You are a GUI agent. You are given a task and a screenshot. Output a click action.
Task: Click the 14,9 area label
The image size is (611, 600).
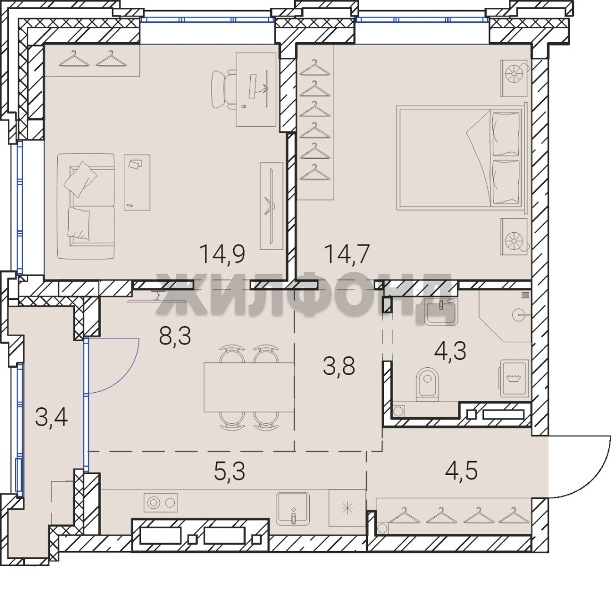pos(222,254)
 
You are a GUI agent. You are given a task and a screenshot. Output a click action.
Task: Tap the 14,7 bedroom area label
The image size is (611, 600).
pos(346,254)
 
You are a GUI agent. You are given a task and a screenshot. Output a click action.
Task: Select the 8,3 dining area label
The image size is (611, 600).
pos(175,336)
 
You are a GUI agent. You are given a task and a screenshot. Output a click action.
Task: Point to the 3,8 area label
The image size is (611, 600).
pos(339,366)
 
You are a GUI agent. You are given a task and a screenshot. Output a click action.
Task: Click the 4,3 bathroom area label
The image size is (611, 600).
pos(450,351)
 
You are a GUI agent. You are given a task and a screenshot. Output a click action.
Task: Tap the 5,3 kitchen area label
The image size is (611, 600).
pos(230,471)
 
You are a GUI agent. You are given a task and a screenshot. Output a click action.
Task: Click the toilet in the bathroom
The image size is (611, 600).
pos(427,384)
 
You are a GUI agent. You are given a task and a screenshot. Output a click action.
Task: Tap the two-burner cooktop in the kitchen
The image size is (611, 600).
pos(161,503)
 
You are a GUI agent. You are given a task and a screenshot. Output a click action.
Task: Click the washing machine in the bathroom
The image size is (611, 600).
pos(514,378)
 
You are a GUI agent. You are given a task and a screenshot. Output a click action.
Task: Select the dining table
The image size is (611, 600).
pos(249,387)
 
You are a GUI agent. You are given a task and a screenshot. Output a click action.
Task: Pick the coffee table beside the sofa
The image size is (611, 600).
pos(137,182)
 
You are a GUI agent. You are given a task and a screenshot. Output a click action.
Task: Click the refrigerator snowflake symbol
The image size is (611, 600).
pos(347,508)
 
